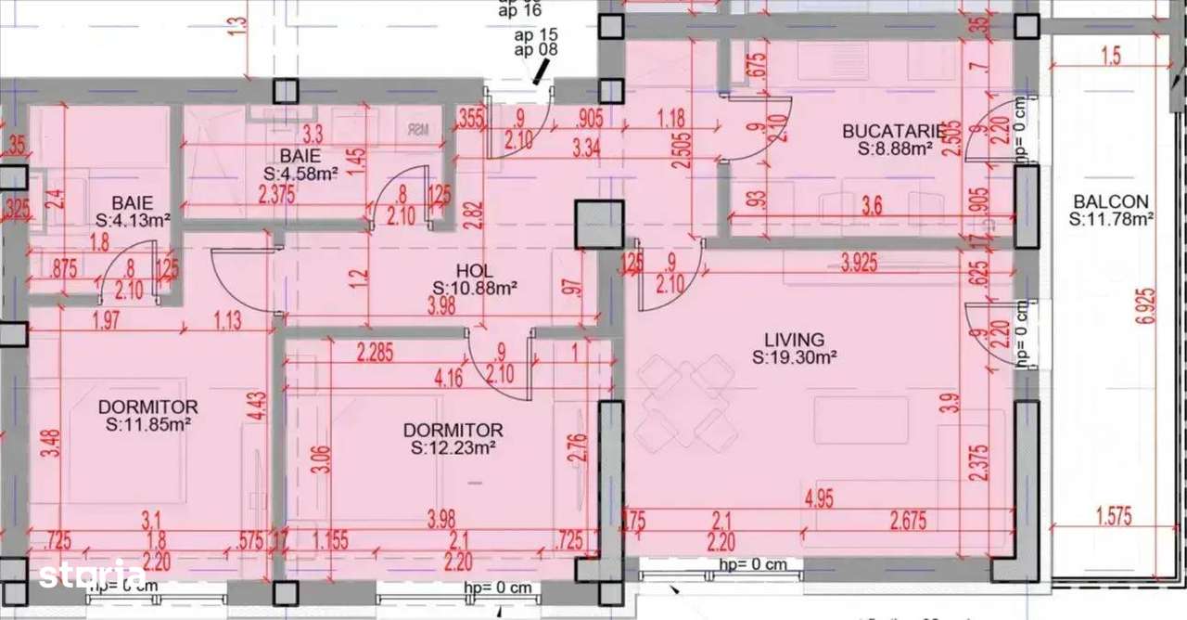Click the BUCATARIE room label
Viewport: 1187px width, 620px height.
[x=893, y=131]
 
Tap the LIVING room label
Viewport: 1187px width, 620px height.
[x=788, y=341]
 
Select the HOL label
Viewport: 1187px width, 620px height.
[x=474, y=271]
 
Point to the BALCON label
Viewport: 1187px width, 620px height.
[x=1111, y=201]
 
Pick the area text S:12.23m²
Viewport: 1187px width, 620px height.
[x=453, y=447]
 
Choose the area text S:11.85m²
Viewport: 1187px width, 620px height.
[x=147, y=424]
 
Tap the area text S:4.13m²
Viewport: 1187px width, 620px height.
[x=133, y=220]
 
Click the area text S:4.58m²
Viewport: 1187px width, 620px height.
[x=301, y=173]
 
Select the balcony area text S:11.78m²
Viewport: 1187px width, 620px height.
[x=1111, y=219]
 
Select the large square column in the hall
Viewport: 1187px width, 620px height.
[x=598, y=224]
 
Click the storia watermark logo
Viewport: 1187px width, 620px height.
[x=92, y=575]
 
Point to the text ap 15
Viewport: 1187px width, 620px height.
[x=536, y=35]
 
